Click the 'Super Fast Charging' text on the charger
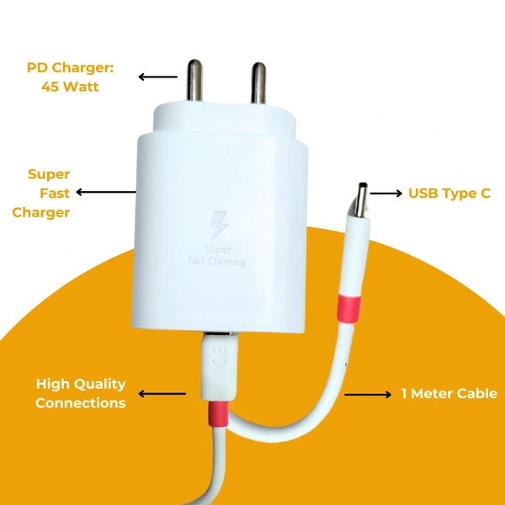217,256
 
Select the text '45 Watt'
70,86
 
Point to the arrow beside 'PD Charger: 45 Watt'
157,77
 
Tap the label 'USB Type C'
449,194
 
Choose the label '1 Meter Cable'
449,394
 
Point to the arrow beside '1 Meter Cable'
368,394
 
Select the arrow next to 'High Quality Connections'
162,393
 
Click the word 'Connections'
81,403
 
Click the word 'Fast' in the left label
54,193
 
